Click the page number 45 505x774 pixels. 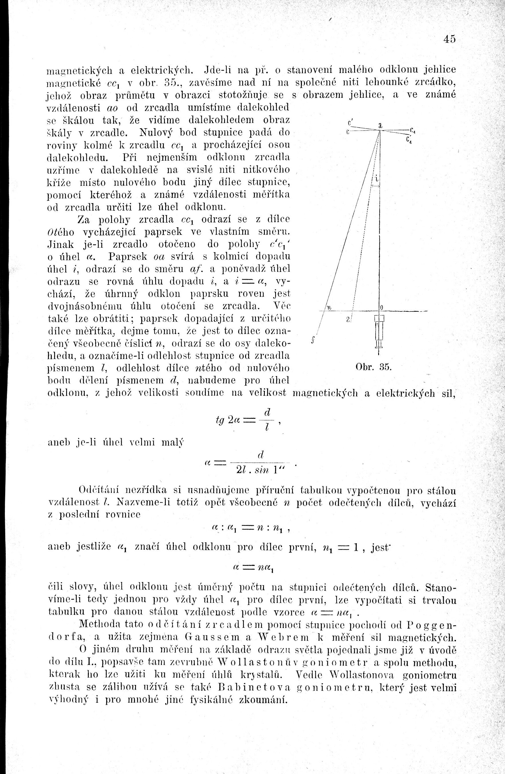pyautogui.click(x=449, y=39)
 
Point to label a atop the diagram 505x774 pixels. pyautogui.click(x=380, y=125)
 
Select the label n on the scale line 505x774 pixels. pyautogui.click(x=328, y=308)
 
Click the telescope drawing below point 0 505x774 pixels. pyautogui.click(x=379, y=332)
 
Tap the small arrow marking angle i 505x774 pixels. pyautogui.click(x=376, y=186)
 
